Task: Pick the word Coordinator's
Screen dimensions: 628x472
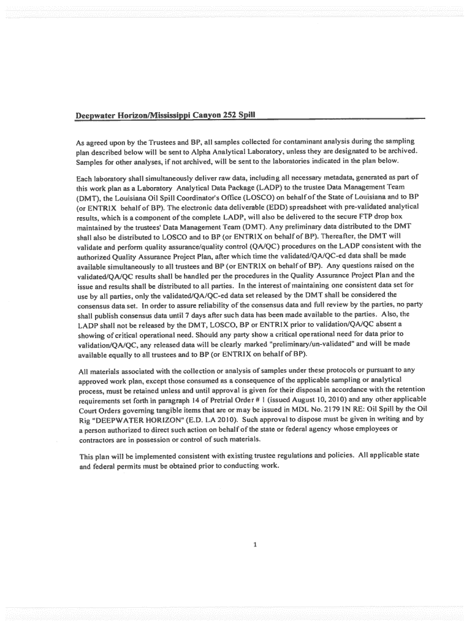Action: [194, 197]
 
